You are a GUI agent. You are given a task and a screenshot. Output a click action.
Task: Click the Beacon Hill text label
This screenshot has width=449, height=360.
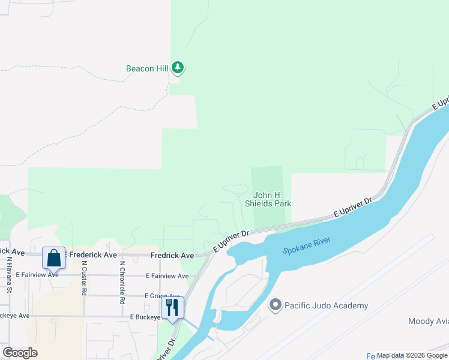146,68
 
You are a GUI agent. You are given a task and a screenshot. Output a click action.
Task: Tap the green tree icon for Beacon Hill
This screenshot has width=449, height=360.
177,68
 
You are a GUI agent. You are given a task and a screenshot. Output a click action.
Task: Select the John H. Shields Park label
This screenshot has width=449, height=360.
268,199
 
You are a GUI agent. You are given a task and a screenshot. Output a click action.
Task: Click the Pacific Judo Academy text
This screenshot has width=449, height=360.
327,305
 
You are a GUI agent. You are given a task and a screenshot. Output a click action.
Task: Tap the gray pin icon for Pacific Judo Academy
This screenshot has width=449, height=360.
276,305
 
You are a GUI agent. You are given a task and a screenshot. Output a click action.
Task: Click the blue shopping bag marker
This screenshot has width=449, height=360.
53,259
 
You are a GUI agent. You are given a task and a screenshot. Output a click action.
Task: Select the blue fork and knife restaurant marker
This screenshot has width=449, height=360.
172,307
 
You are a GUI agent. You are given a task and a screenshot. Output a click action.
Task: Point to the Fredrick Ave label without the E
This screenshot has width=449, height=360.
172,256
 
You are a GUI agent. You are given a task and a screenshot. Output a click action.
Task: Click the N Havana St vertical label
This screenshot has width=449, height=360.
10,274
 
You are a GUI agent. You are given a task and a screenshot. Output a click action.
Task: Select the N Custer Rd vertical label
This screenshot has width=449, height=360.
85,278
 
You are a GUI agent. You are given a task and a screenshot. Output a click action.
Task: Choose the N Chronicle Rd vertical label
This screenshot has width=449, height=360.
122,281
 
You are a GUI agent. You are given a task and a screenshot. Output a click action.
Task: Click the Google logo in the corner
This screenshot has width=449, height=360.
20,352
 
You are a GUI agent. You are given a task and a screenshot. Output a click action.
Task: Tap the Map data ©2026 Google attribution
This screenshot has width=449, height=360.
412,355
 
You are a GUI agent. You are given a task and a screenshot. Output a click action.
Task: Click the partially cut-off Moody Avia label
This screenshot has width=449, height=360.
428,322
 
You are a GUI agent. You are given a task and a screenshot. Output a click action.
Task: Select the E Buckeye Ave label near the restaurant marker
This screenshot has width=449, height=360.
142,316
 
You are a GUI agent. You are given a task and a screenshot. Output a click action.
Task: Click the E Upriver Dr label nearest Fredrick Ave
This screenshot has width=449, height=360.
231,239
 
